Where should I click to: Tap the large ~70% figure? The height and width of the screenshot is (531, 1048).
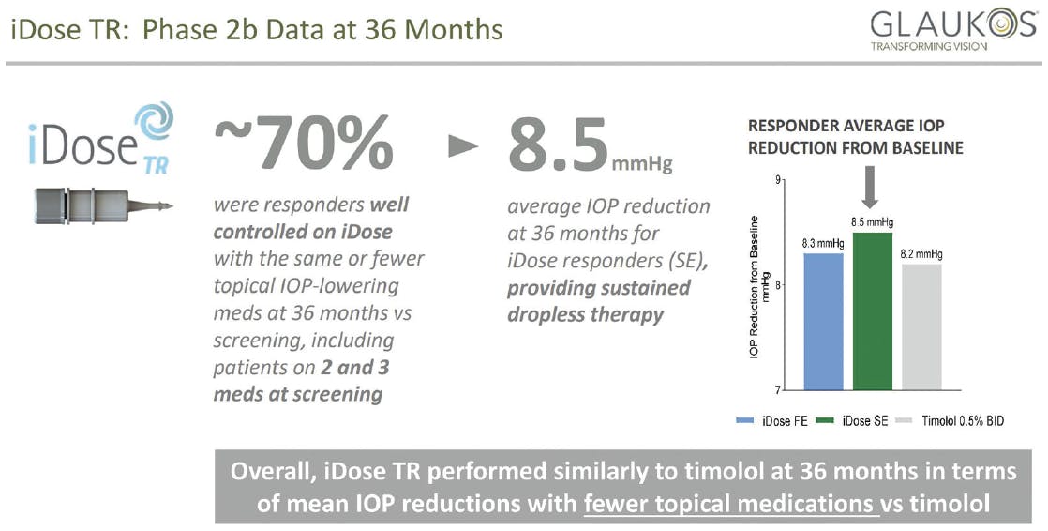pos(304,144)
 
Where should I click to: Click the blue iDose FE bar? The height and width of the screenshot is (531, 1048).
pos(823,322)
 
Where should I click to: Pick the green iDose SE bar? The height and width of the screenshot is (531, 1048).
pos(872,311)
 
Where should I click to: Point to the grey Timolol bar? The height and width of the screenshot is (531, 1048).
pos(921,327)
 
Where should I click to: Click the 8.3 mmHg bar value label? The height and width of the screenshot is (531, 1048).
pos(823,244)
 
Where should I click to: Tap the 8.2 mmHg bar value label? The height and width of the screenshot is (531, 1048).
pos(921,254)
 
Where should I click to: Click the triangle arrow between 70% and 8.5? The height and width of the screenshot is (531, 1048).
pos(463,146)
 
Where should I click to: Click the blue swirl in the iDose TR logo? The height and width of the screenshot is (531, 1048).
pos(154,121)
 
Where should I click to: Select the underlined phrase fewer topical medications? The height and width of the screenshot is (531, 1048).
pos(729,503)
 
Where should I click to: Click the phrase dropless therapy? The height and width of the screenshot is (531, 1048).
pos(586,315)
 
